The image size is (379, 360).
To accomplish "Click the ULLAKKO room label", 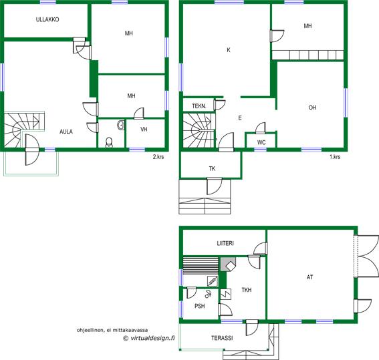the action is click(47, 19).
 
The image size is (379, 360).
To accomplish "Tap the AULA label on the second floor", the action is click(66, 132).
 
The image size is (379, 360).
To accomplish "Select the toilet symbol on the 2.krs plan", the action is click(109, 142).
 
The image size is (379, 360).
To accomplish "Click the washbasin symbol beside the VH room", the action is click(120, 125).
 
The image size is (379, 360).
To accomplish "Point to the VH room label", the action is click(144, 130).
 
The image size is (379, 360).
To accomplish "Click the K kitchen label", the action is click(229, 50).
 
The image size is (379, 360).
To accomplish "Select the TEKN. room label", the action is click(199, 106).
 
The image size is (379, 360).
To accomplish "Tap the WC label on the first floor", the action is click(261, 142).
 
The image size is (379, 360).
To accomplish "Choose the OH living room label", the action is click(312, 108).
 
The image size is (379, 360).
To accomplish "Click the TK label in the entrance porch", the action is click(212, 168).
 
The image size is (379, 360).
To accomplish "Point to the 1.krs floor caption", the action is click(335, 157).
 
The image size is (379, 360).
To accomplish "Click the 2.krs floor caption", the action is click(158, 157).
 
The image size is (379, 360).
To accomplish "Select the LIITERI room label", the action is click(225, 243).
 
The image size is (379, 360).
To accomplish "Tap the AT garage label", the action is click(310, 277).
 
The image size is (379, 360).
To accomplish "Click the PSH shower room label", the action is click(200, 306).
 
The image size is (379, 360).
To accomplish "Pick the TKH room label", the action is click(247, 290).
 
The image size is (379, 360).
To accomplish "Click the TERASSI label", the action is click(222, 338).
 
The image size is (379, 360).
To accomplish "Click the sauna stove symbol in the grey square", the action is click(228, 264).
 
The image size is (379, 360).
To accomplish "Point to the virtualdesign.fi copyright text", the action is click(149, 338).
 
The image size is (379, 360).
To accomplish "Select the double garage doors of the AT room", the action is click(367, 255).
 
